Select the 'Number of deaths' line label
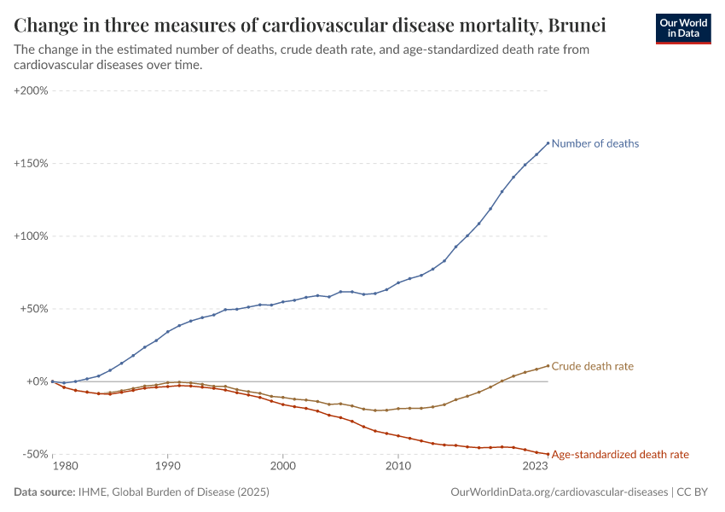click(594, 143)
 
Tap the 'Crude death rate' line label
click(592, 366)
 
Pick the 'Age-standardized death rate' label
click(620, 455)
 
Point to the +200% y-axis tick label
click(31, 90)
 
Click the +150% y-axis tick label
click(31, 163)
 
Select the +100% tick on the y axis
click(31, 236)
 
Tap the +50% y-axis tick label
click(33, 309)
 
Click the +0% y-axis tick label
click(36, 381)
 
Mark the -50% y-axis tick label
click(34, 455)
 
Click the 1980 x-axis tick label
click(65, 467)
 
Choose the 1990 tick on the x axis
click(167, 467)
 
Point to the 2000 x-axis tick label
click(282, 467)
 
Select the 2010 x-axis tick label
click(397, 467)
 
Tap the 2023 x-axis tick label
click(535, 467)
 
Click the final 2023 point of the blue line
click(548, 143)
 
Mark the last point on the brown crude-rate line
click(548, 365)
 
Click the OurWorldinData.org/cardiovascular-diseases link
click(559, 492)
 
